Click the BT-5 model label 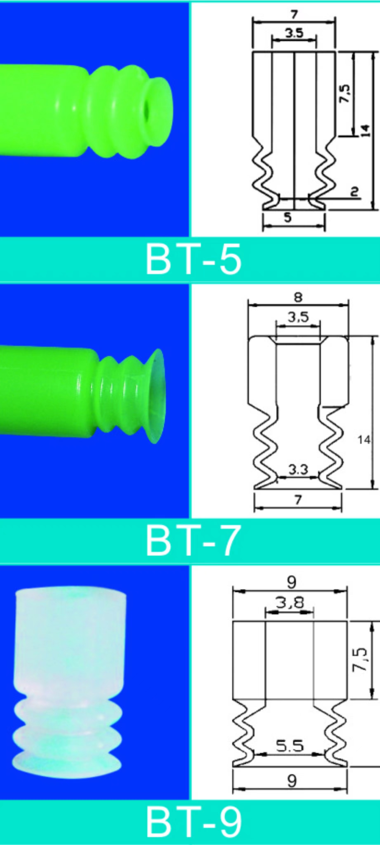click(193, 260)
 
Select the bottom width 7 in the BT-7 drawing click(298, 500)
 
